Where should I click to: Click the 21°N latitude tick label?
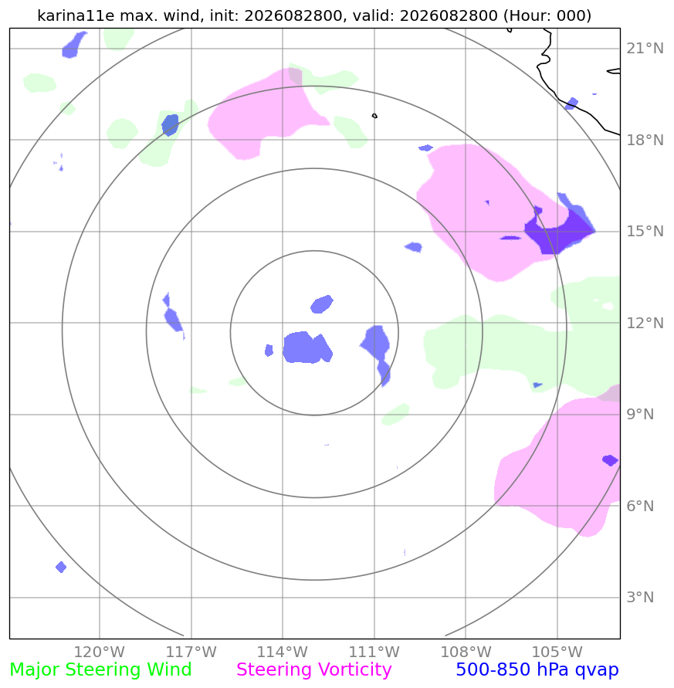click(645, 49)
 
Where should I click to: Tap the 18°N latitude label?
click(645, 140)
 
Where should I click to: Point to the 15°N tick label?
click(645, 231)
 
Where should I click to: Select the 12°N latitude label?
click(645, 323)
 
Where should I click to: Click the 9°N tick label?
click(640, 414)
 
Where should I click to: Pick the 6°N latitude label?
click(640, 506)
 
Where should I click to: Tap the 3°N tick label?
click(640, 597)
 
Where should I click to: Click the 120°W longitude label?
click(99, 652)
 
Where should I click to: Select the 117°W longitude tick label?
click(191, 652)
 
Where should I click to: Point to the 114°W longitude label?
click(282, 652)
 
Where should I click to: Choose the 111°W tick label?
click(374, 652)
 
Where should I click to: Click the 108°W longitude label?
click(466, 652)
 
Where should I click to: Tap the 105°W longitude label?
click(557, 652)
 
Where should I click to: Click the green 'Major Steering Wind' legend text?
click(100, 670)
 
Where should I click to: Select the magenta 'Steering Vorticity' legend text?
click(313, 670)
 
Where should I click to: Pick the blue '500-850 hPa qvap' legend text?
click(537, 670)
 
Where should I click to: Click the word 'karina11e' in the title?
click(76, 15)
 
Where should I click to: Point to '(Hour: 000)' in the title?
click(547, 15)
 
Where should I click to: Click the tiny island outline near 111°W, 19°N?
click(374, 116)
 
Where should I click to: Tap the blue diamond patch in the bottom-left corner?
click(61, 567)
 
